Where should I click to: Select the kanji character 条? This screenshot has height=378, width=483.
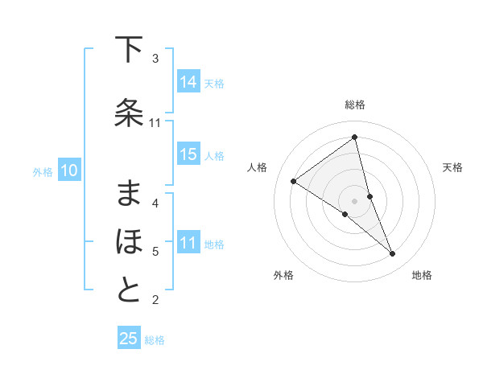point(129,113)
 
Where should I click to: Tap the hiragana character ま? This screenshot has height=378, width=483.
point(129,194)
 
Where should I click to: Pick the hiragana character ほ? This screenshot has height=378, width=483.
point(129,241)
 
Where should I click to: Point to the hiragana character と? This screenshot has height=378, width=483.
point(129,291)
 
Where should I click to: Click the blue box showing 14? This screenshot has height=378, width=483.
point(188,82)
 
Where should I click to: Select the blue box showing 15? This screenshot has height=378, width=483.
point(188,155)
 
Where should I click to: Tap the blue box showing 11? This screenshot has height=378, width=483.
point(188,243)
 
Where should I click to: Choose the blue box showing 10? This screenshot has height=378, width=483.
point(69,171)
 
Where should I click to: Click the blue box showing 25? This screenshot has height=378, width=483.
point(129,339)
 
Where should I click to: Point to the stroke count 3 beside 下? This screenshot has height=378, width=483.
point(155,59)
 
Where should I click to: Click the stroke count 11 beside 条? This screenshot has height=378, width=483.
point(155,123)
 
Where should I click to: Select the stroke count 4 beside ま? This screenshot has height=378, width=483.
point(155,203)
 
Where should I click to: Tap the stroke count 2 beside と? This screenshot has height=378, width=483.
point(155,301)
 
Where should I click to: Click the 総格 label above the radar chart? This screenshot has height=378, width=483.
point(355,105)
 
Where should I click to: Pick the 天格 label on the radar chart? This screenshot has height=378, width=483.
point(452,167)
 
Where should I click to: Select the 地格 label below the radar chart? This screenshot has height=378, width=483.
point(422,275)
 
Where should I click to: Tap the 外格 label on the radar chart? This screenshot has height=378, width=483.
point(283,275)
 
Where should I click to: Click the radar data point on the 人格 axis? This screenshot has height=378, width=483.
point(294,181)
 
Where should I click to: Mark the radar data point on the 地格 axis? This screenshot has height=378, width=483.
point(393,254)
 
